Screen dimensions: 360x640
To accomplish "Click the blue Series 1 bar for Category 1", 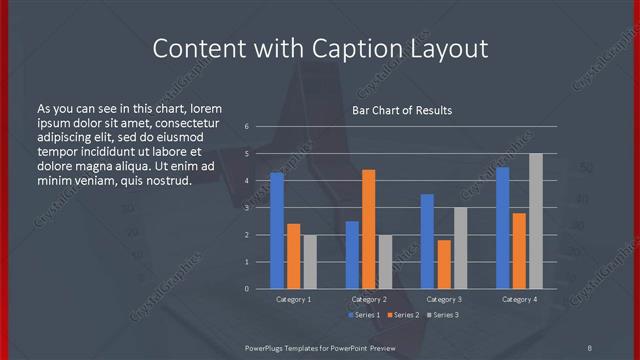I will tap(277, 231).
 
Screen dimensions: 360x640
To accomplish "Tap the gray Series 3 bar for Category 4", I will tap(536, 221).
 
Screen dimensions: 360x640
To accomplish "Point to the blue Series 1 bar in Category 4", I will tap(502, 228).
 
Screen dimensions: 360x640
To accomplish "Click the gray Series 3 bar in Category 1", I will tap(310, 262).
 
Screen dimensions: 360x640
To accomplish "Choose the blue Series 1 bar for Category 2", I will tap(352, 255).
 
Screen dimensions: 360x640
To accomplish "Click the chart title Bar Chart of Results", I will tap(402, 110).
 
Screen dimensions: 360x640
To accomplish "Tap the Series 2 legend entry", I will tap(403, 315).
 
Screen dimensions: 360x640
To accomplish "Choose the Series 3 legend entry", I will tap(441, 315).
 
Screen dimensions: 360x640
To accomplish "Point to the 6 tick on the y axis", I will tap(246, 127).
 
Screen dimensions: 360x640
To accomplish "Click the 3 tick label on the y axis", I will tap(246, 208).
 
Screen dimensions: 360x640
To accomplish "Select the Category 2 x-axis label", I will tap(369, 299).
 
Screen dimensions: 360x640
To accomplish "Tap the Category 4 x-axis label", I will tap(519, 299).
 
